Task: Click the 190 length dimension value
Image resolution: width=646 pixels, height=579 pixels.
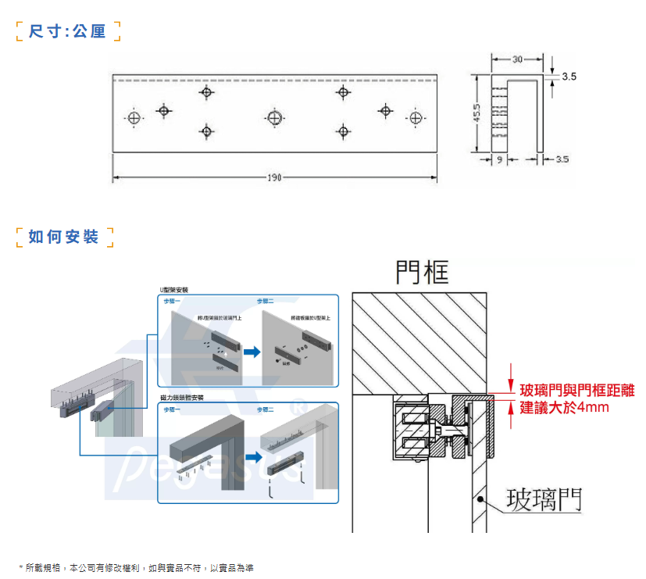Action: pos(274,178)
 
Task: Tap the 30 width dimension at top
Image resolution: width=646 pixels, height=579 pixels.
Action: pos(518,59)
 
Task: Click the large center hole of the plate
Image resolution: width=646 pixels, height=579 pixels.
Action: pos(273,118)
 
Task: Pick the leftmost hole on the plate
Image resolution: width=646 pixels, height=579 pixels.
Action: pos(134,118)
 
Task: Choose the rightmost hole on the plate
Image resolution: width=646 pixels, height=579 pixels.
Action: pos(416,118)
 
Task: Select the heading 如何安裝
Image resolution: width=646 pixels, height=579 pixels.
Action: pos(64,237)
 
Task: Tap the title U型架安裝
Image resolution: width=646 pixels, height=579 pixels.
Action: pos(174,289)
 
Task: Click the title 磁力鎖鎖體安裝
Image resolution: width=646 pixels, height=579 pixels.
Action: pos(181,397)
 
